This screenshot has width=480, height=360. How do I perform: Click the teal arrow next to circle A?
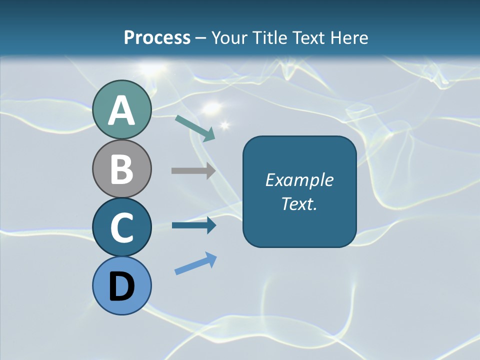(195, 128)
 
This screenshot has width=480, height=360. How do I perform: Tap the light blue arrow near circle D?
(195, 263)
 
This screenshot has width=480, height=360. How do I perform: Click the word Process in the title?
(157, 37)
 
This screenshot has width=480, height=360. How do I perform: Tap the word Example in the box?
(299, 180)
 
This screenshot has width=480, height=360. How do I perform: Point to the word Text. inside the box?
(299, 203)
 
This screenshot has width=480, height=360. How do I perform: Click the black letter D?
(121, 287)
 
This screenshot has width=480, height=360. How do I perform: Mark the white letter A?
(121, 111)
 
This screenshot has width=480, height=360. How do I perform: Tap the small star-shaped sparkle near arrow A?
(224, 124)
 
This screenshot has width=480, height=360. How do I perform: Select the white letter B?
(121, 169)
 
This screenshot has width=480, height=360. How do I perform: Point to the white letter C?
(121, 227)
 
